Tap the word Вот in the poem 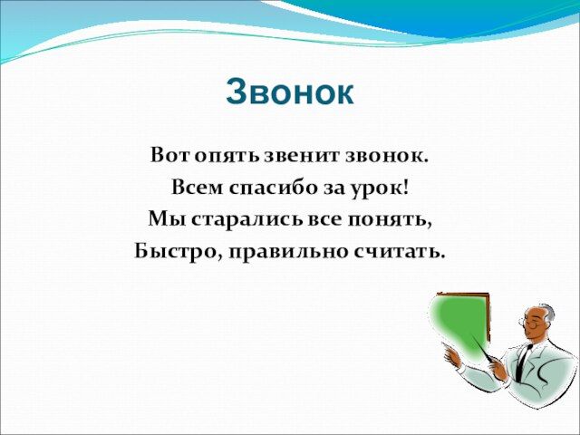click(x=170, y=155)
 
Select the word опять click(x=227, y=157)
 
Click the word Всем click(x=198, y=188)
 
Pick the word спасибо click(x=273, y=188)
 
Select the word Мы click(x=167, y=219)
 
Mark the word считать click(x=399, y=252)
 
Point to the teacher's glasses click(x=532, y=324)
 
